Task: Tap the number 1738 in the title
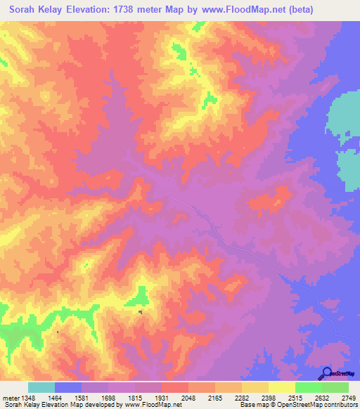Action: (x=131, y=11)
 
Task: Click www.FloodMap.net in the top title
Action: (x=231, y=11)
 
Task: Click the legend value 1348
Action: (x=28, y=398)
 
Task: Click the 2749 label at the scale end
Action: (x=347, y=398)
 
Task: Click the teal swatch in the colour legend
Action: (x=41, y=387)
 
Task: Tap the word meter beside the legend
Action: (x=11, y=398)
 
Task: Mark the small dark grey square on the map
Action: (x=140, y=312)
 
